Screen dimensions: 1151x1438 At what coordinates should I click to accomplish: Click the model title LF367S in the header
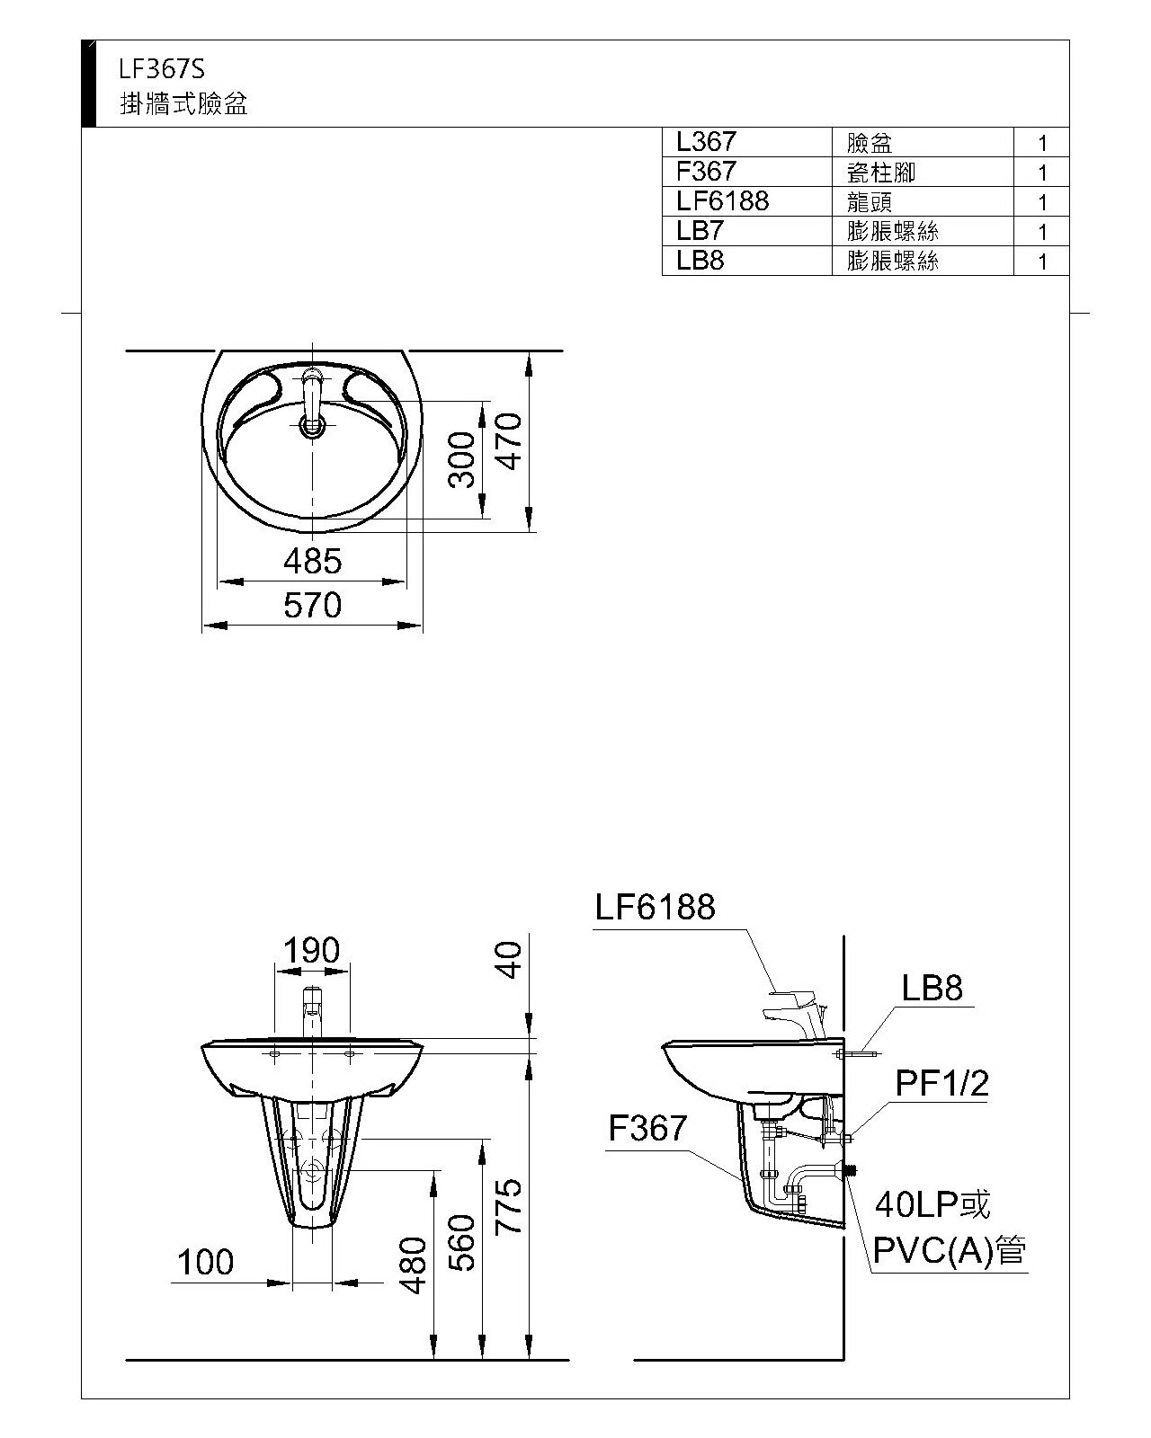point(162,69)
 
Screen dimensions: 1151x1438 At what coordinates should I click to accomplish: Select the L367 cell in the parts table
point(706,142)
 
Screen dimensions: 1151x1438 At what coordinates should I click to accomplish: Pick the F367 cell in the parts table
point(706,171)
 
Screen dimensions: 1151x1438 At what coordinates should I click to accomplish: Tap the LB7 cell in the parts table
point(700,231)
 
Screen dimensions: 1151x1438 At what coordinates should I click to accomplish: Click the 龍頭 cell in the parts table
point(870,202)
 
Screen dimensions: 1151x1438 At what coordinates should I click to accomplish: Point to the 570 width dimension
point(312,606)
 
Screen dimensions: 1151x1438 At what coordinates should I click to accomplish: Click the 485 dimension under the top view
point(312,562)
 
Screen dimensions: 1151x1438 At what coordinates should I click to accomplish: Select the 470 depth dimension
point(510,441)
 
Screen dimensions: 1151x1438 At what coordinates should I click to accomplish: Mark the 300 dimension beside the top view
point(462,460)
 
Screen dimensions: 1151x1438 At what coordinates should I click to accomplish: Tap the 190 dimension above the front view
point(312,950)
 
